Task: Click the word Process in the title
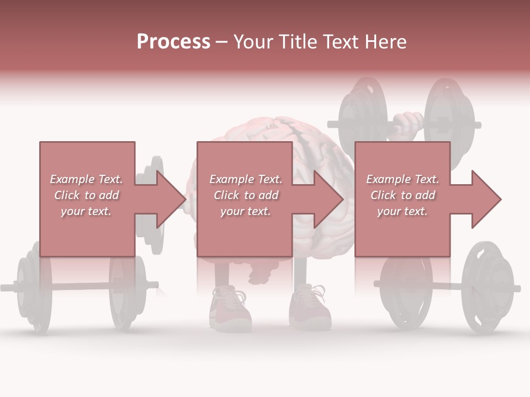[x=173, y=42]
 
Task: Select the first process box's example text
[x=86, y=195]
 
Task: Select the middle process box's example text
[x=245, y=195]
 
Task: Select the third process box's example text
[x=402, y=195]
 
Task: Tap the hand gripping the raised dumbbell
[x=407, y=124]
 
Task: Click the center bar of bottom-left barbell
[x=77, y=286]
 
